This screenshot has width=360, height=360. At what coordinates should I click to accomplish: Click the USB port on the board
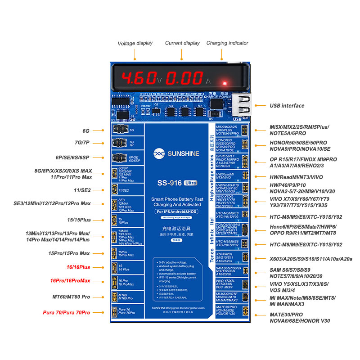[x=244, y=105]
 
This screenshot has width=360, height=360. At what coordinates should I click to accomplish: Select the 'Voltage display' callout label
[x=135, y=43]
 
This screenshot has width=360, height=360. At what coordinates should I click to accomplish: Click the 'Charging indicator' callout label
[x=227, y=43]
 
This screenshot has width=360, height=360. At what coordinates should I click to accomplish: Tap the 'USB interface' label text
[x=287, y=106]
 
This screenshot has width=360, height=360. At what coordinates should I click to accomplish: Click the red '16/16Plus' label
[x=78, y=267]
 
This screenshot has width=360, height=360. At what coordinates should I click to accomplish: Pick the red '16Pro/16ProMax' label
[x=70, y=281]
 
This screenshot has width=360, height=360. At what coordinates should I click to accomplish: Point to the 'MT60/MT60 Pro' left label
[x=72, y=297]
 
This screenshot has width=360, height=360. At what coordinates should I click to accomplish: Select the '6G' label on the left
[x=86, y=131]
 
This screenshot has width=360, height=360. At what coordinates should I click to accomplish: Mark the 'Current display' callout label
[x=182, y=43]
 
